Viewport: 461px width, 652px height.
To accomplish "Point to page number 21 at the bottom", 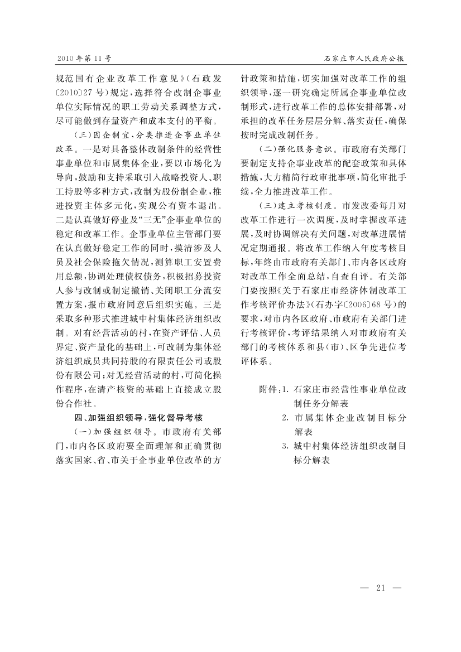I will (x=382, y=587).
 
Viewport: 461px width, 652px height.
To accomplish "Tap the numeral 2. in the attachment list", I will (x=285, y=417).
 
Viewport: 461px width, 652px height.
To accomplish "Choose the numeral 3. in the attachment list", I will (x=285, y=446).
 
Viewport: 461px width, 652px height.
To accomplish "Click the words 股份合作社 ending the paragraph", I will (x=72, y=403).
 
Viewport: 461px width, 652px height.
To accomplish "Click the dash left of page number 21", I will (x=365, y=587).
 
